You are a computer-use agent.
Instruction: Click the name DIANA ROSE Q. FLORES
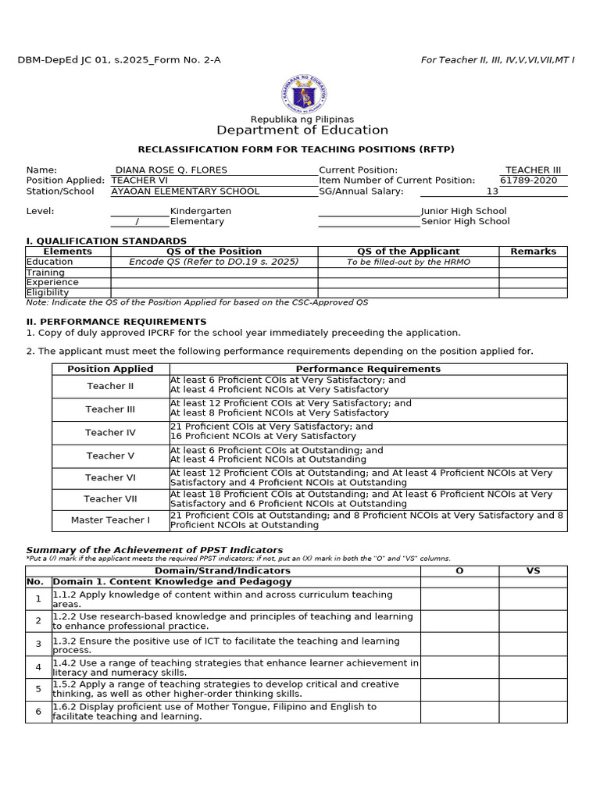pyautogui.click(x=172, y=170)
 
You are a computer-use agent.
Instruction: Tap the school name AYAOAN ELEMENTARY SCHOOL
pyautogui.click(x=185, y=191)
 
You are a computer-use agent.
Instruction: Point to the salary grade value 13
pyautogui.click(x=492, y=191)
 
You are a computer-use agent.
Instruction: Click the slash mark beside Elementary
pyautogui.click(x=137, y=221)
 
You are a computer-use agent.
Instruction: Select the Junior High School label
pyautogui.click(x=463, y=211)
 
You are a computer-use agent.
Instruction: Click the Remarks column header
pyautogui.click(x=533, y=252)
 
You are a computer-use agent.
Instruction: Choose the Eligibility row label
pyautogui.click(x=48, y=292)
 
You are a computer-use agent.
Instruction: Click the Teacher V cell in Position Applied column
pyautogui.click(x=110, y=455)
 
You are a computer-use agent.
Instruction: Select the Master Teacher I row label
pyautogui.click(x=110, y=520)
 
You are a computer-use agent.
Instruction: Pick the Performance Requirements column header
pyautogui.click(x=367, y=369)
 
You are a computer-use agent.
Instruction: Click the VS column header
pyautogui.click(x=533, y=570)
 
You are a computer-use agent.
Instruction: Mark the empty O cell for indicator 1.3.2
pyautogui.click(x=459, y=644)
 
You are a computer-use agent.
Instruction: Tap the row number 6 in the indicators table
pyautogui.click(x=38, y=712)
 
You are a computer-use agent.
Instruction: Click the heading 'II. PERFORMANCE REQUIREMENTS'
pyautogui.click(x=116, y=321)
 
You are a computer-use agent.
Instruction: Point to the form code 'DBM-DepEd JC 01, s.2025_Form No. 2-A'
pyautogui.click(x=119, y=60)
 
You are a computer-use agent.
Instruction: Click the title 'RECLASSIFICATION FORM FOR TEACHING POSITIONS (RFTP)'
pyautogui.click(x=295, y=149)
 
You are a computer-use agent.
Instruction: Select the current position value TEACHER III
pyautogui.click(x=533, y=170)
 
